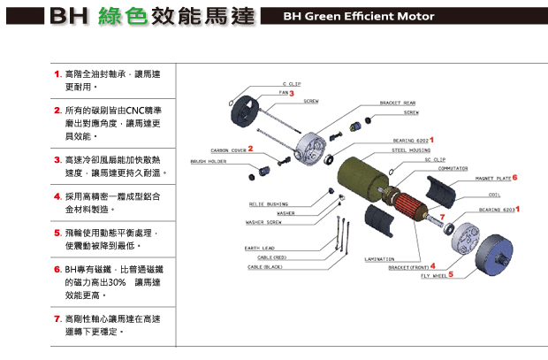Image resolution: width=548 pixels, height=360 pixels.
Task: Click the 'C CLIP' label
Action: click(x=292, y=83)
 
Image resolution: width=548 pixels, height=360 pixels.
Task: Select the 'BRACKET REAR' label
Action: click(x=398, y=103)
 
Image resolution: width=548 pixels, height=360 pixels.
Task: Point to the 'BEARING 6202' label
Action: click(x=410, y=140)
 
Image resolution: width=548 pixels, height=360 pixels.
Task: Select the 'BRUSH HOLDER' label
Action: click(x=206, y=162)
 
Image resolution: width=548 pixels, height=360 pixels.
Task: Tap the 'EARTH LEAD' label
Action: click(x=260, y=248)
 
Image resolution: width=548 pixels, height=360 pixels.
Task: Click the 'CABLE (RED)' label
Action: click(x=267, y=257)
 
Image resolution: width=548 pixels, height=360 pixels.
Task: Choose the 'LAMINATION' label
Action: click(x=379, y=259)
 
